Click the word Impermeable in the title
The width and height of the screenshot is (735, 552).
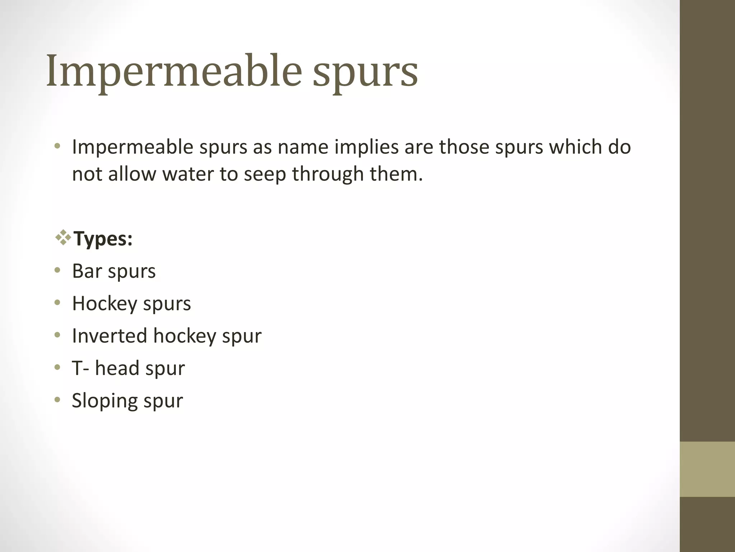coord(174,72)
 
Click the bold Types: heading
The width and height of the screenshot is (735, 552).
coord(103,239)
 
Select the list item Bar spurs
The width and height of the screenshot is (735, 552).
coord(114,271)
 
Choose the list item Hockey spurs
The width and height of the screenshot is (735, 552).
coord(131,304)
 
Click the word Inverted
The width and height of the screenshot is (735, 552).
coord(109,336)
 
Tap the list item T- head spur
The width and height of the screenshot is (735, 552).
coord(128,368)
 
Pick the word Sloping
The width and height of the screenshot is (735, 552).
coord(104,401)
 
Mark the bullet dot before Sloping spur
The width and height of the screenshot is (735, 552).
coord(57,400)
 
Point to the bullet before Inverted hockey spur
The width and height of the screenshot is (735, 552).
coord(57,335)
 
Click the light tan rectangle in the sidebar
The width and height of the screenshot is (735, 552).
coord(707,469)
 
